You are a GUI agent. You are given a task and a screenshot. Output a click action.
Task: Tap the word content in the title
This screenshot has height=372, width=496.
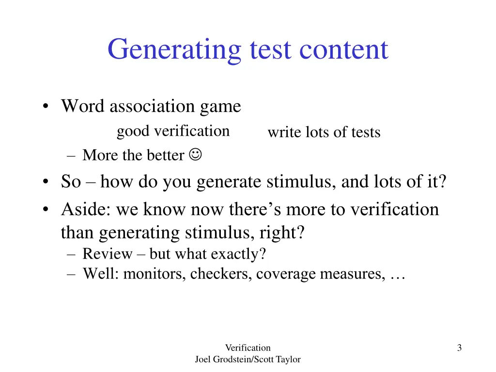(344, 49)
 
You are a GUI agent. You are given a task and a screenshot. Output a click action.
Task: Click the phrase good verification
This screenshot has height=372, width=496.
(173, 131)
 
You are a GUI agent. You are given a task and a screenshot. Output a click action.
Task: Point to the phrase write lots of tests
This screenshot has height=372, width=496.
(324, 132)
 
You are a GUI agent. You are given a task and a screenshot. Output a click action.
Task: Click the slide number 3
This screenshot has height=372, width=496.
(459, 347)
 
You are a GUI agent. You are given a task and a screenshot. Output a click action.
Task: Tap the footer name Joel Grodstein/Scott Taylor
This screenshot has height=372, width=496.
(248, 359)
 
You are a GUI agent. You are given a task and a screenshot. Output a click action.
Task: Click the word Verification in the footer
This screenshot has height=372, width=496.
(248, 347)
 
